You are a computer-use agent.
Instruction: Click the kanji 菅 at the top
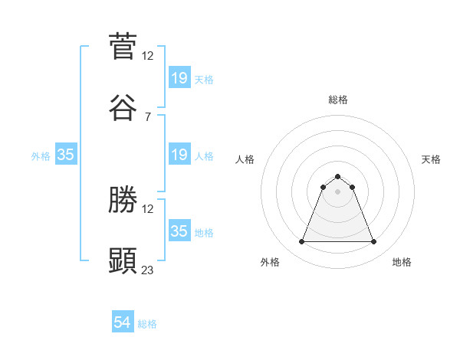click(x=123, y=46)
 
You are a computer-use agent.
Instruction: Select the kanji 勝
click(x=123, y=200)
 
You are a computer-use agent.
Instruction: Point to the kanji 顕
click(x=123, y=260)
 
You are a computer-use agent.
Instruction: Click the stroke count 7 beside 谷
click(x=147, y=116)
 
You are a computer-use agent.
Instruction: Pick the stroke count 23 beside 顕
click(x=148, y=270)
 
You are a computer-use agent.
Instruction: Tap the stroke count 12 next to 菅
click(x=148, y=55)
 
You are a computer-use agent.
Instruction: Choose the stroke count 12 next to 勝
click(x=148, y=208)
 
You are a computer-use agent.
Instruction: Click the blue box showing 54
click(x=123, y=323)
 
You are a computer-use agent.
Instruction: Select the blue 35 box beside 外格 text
click(x=66, y=155)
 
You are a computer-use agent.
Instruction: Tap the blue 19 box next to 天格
click(x=179, y=78)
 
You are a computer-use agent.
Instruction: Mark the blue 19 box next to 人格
click(x=179, y=155)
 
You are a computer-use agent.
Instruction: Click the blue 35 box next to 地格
click(x=179, y=231)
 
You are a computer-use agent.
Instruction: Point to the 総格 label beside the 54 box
click(x=147, y=324)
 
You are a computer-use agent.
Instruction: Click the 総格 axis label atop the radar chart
click(x=338, y=100)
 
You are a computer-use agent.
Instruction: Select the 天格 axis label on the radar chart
click(x=432, y=159)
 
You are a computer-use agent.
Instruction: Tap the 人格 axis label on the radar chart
click(x=245, y=159)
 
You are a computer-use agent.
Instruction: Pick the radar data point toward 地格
click(x=374, y=242)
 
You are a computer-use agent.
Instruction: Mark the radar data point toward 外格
click(x=301, y=242)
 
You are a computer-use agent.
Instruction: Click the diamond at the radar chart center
click(x=338, y=191)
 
